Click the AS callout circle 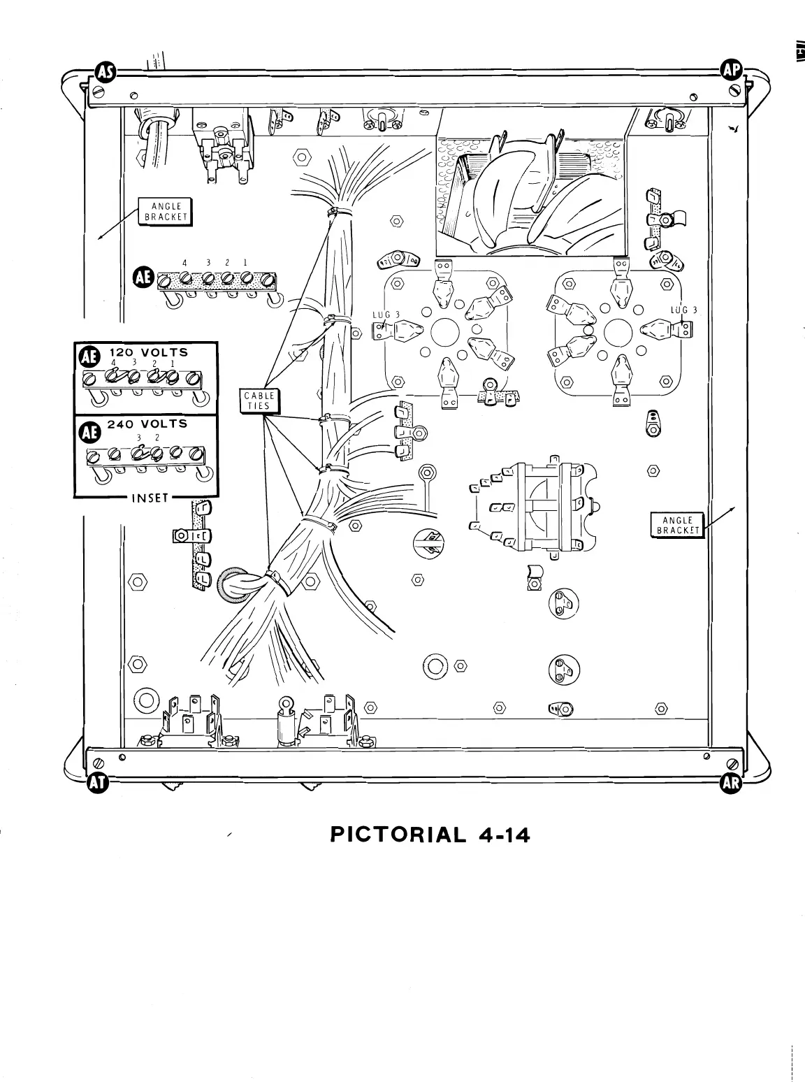pyautogui.click(x=105, y=71)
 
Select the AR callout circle pyautogui.click(x=730, y=784)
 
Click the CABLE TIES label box pyautogui.click(x=260, y=401)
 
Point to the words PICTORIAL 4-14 pyautogui.click(x=430, y=835)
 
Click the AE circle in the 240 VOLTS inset pyautogui.click(x=89, y=433)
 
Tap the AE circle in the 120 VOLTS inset pyautogui.click(x=89, y=357)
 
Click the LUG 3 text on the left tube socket pyautogui.click(x=385, y=315)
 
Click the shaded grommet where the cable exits pyautogui.click(x=235, y=584)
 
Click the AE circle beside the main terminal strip pyautogui.click(x=143, y=277)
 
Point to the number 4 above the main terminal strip pyautogui.click(x=184, y=262)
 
